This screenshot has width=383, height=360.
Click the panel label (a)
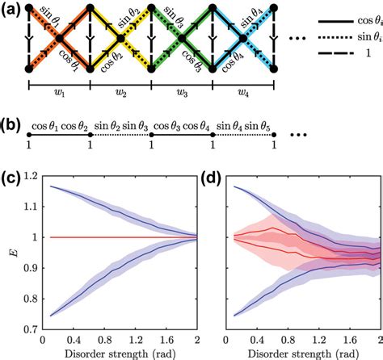[x=11, y=10]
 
